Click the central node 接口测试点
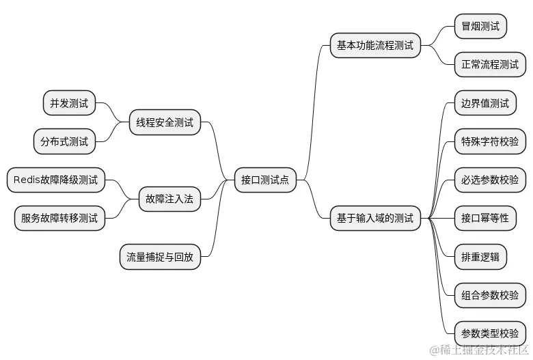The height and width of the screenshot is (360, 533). (264, 180)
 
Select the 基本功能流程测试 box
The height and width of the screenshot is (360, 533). (374, 46)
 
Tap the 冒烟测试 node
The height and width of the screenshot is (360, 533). (480, 27)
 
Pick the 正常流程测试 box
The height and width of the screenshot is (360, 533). (489, 65)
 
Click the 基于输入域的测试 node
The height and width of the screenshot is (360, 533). (374, 219)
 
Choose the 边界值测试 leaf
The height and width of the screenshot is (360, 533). (484, 103)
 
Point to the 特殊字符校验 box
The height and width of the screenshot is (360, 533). (489, 141)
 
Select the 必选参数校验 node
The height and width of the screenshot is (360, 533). (489, 180)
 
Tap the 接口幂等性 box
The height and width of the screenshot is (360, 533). (484, 218)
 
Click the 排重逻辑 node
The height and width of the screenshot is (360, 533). (480, 257)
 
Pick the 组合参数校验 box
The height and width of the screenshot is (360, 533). (489, 295)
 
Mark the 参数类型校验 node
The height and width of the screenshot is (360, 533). (489, 333)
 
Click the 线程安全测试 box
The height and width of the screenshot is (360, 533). (165, 122)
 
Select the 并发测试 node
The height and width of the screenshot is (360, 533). (69, 103)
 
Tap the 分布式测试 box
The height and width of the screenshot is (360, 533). (64, 141)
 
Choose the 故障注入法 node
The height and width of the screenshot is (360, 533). (169, 199)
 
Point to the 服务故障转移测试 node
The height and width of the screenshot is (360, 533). (59, 219)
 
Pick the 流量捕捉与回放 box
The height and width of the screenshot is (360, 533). (160, 257)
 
